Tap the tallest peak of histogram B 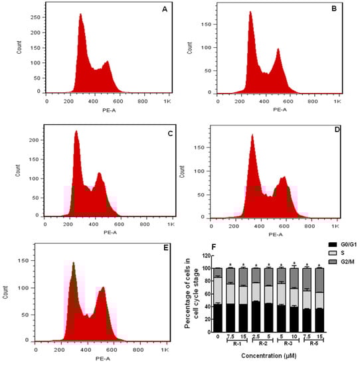point(250,13)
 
